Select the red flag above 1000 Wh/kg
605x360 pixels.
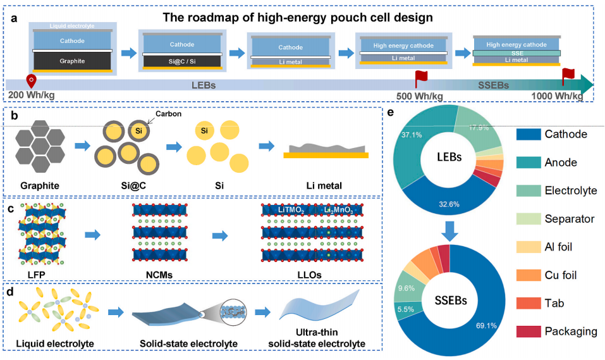click(568, 76)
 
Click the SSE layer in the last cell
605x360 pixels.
click(516, 53)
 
